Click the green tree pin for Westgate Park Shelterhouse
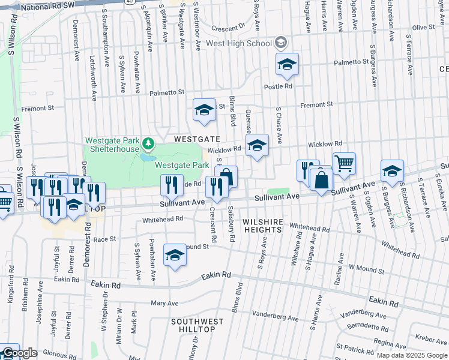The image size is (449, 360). (148, 144)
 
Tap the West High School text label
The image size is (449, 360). (238, 44)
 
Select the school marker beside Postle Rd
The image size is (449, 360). (288, 65)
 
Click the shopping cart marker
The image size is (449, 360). (344, 163)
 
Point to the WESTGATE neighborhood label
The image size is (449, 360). (194, 139)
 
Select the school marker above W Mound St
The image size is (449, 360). (175, 255)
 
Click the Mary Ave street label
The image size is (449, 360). (164, 304)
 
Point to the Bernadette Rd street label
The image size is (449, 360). (367, 325)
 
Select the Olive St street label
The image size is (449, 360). (423, 28)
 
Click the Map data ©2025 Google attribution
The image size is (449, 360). (411, 355)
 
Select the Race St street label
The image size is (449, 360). (104, 239)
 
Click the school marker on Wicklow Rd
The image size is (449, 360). (258, 145)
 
